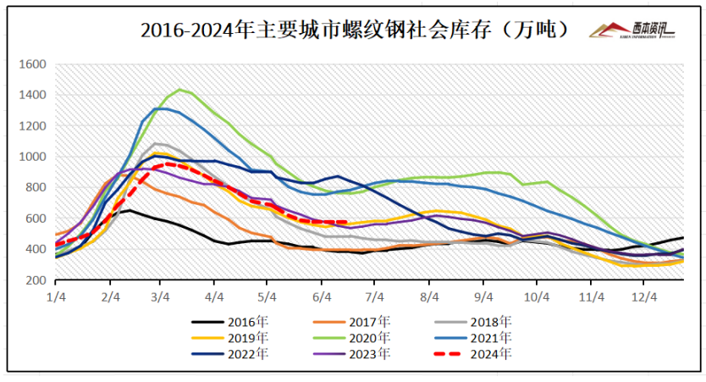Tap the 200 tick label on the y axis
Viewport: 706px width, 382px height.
pos(35,280)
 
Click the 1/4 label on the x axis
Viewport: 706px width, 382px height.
pos(55,297)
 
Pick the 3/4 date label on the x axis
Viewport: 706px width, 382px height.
pos(161,297)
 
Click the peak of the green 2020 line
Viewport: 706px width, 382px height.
pos(179,89)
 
